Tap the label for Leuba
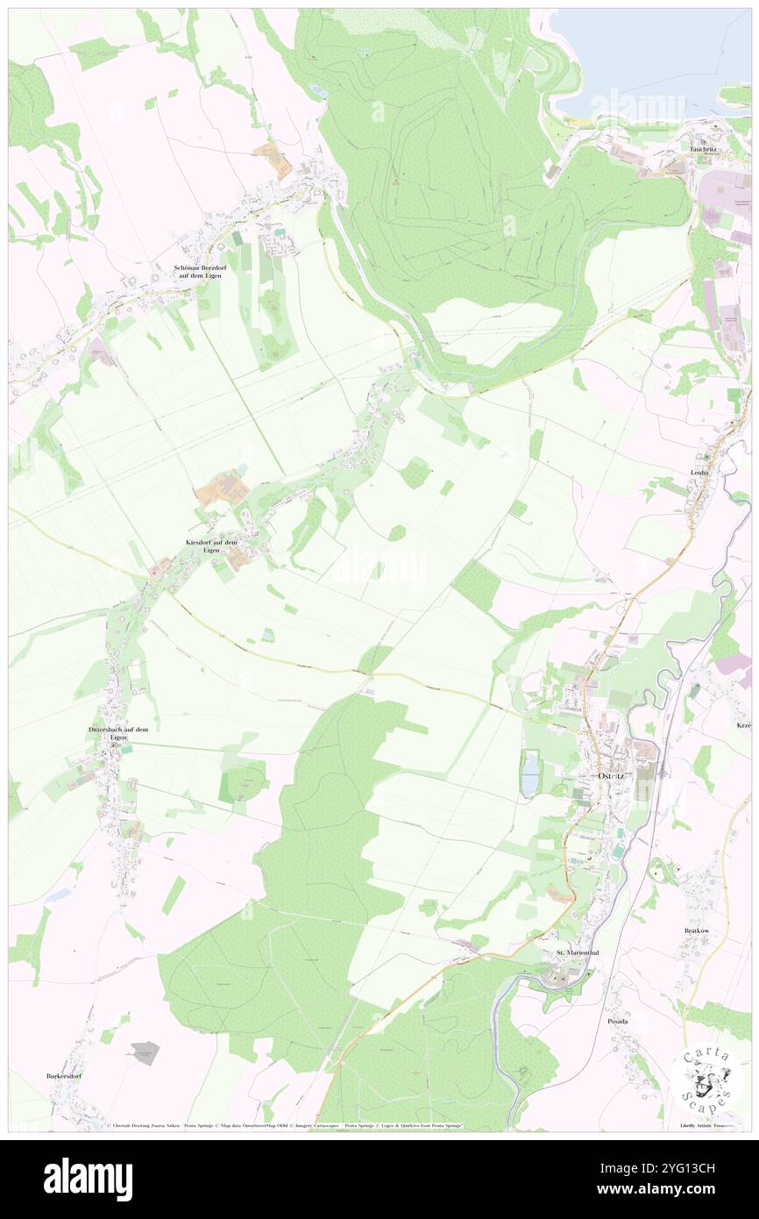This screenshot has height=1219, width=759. tap(699, 473)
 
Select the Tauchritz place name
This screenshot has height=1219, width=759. tap(704, 149)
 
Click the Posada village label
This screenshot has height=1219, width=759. tap(619, 1022)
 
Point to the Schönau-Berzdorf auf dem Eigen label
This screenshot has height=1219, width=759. tap(198, 271)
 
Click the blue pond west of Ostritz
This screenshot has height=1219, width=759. tap(531, 773)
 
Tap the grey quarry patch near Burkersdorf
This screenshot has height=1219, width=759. tap(146, 1053)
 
